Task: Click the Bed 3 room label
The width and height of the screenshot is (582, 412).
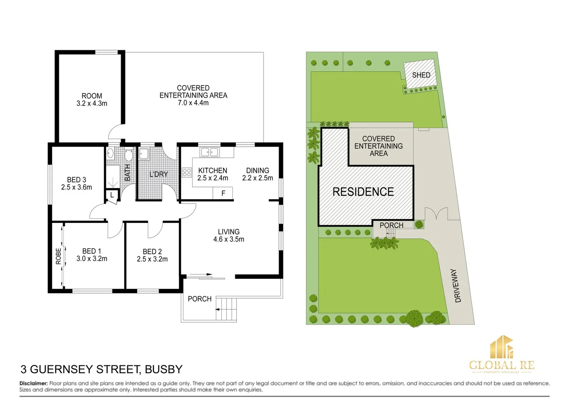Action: tap(77, 180)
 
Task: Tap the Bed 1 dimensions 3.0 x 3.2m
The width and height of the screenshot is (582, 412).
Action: tap(92, 259)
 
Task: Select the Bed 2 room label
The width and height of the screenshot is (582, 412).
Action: tap(152, 252)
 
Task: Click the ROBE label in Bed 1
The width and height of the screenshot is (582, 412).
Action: tap(58, 256)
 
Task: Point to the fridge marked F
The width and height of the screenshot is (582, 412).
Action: tap(223, 193)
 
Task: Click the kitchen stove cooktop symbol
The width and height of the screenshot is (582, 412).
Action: tap(187, 172)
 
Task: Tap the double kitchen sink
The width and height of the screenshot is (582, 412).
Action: tap(209, 152)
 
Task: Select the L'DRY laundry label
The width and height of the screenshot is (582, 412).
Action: tap(158, 174)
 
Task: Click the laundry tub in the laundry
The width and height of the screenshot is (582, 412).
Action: tap(144, 154)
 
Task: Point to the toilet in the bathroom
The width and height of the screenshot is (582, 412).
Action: tap(128, 155)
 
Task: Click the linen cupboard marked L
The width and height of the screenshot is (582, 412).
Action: tap(112, 195)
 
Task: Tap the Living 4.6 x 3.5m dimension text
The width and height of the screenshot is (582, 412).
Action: tap(229, 240)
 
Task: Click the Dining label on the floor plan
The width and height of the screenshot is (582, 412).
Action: tap(257, 171)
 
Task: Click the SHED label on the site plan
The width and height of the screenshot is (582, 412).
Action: tap(421, 75)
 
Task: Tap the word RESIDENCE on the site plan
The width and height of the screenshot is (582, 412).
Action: tap(363, 192)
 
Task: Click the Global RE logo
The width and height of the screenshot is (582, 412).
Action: tap(502, 355)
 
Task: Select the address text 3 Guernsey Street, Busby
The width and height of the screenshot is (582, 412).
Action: tap(101, 369)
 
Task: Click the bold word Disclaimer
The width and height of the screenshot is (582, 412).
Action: tap(34, 383)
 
